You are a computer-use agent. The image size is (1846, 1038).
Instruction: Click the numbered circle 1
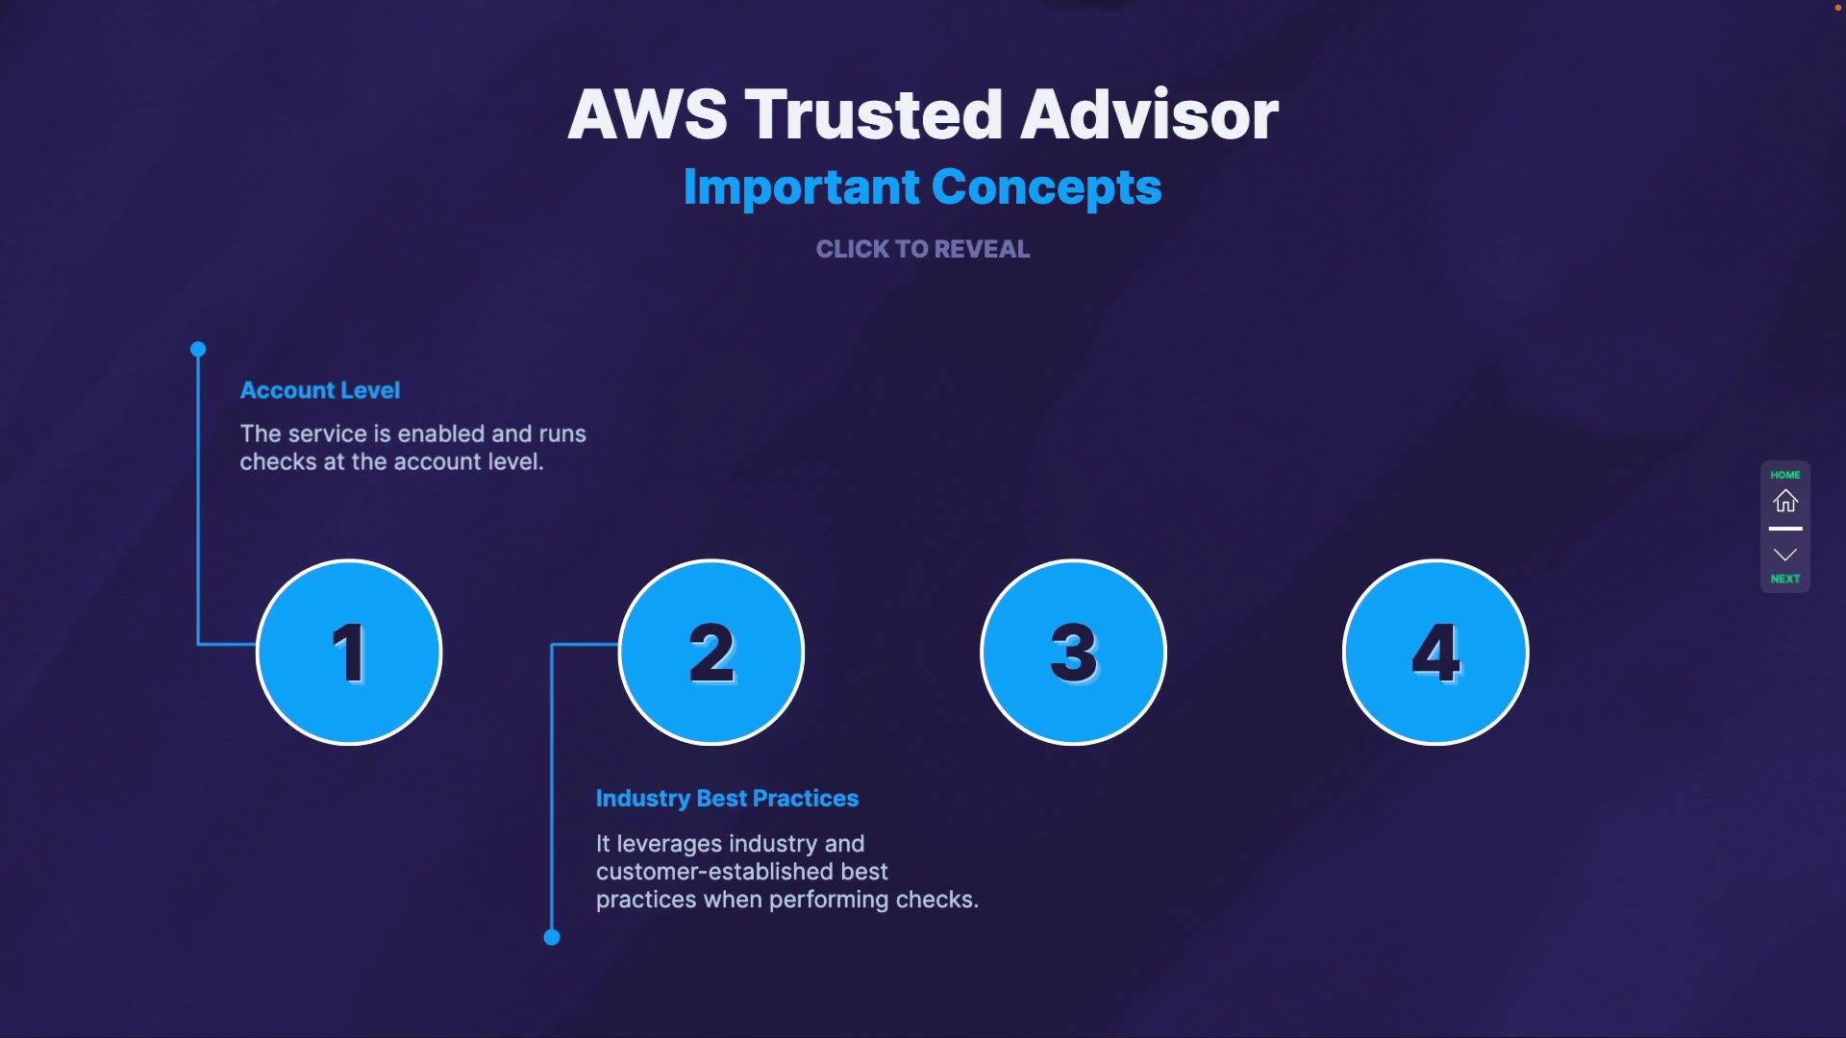349,653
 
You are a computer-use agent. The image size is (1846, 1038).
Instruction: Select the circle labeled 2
711,653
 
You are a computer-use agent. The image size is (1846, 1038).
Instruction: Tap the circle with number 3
1073,653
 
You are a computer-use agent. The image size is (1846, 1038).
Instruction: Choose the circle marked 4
1435,653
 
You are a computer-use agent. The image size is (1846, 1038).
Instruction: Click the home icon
1785,501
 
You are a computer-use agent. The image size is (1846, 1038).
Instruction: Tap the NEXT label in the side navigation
1785,579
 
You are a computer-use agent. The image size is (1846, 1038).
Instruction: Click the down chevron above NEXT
1785,555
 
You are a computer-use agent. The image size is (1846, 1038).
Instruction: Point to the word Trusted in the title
874,114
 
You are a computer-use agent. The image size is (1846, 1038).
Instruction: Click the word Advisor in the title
1150,114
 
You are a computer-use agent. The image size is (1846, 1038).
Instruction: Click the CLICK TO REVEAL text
923,249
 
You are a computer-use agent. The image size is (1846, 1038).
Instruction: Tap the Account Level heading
320,390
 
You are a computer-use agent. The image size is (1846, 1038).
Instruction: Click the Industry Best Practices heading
727,798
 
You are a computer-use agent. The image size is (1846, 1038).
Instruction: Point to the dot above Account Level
198,349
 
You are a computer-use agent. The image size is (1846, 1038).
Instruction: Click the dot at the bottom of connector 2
552,937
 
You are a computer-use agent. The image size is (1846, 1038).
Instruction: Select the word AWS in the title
648,114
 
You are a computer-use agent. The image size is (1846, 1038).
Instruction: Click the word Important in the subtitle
801,186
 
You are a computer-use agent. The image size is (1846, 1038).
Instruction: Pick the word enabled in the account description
441,433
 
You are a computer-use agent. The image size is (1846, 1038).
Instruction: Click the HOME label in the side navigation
1785,475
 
